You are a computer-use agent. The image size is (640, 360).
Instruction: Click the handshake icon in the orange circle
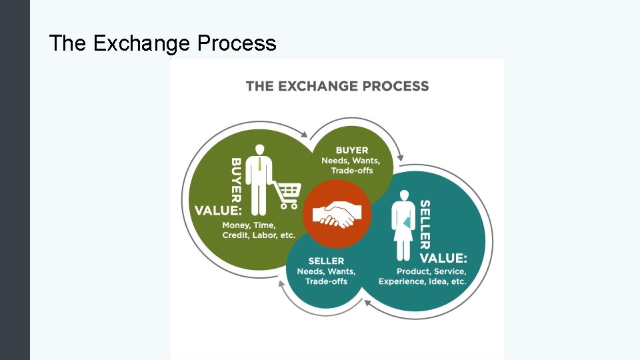(337, 214)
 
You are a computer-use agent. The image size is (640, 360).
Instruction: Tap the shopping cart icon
(287, 194)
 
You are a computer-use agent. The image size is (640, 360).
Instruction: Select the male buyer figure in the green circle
(259, 176)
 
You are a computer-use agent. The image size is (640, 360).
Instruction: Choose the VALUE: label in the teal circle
(443, 258)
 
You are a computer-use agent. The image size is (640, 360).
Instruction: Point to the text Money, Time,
(249, 225)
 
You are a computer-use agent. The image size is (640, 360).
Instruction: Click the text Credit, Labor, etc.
(259, 236)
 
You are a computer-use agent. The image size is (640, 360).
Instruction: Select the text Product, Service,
(431, 271)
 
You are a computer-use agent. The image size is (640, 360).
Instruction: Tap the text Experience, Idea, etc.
(422, 282)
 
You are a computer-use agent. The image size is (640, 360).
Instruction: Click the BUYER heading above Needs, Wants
(352, 150)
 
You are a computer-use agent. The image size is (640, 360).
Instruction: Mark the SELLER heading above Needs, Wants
(326, 261)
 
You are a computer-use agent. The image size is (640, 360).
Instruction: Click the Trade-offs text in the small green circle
(352, 171)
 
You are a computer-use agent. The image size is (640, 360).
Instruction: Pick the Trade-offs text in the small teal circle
(327, 282)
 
